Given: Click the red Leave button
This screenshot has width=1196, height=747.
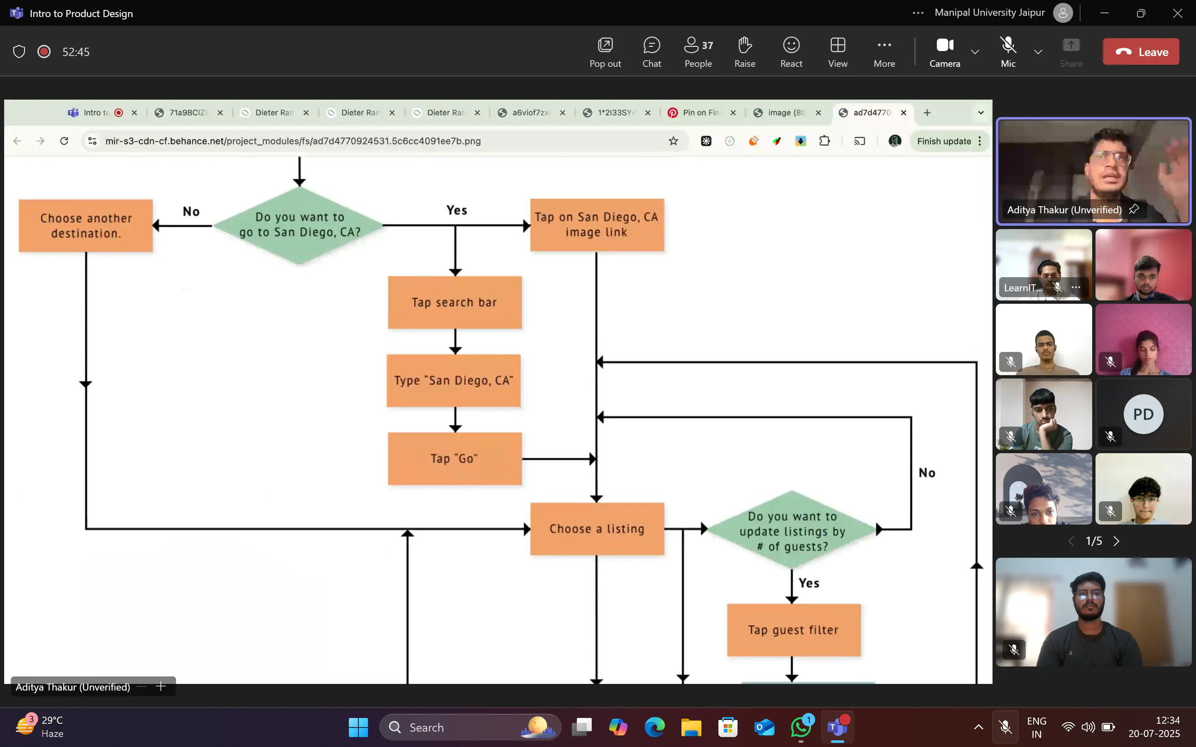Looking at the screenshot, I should tap(1141, 51).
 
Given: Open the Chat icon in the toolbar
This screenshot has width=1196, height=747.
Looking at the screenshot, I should tap(652, 51).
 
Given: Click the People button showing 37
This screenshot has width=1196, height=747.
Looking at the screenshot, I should tap(698, 51).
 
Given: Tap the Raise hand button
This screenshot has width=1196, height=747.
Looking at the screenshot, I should tap(744, 51).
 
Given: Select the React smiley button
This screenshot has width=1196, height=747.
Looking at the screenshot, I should tap(791, 51).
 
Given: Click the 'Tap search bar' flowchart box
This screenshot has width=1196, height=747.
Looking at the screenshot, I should tap(455, 303).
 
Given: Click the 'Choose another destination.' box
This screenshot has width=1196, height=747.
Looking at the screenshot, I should tap(86, 226).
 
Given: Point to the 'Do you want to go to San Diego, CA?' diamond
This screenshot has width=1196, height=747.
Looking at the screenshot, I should tap(299, 225).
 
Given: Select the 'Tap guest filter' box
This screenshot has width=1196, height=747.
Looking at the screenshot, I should tap(794, 630).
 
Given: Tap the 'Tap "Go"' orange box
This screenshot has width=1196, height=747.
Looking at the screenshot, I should tap(455, 459).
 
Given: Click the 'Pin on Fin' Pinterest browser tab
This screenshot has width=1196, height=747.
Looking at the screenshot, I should tap(700, 112).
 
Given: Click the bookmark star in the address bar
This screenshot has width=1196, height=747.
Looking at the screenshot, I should tap(673, 141).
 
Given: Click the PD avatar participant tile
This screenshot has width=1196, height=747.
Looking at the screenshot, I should tap(1143, 414).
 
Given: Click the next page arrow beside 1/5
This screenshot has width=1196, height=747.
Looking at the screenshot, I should tap(1116, 541).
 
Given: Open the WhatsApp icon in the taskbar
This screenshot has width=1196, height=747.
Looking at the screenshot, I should tap(801, 727).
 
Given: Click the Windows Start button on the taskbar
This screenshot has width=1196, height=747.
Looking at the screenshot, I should tap(358, 727).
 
